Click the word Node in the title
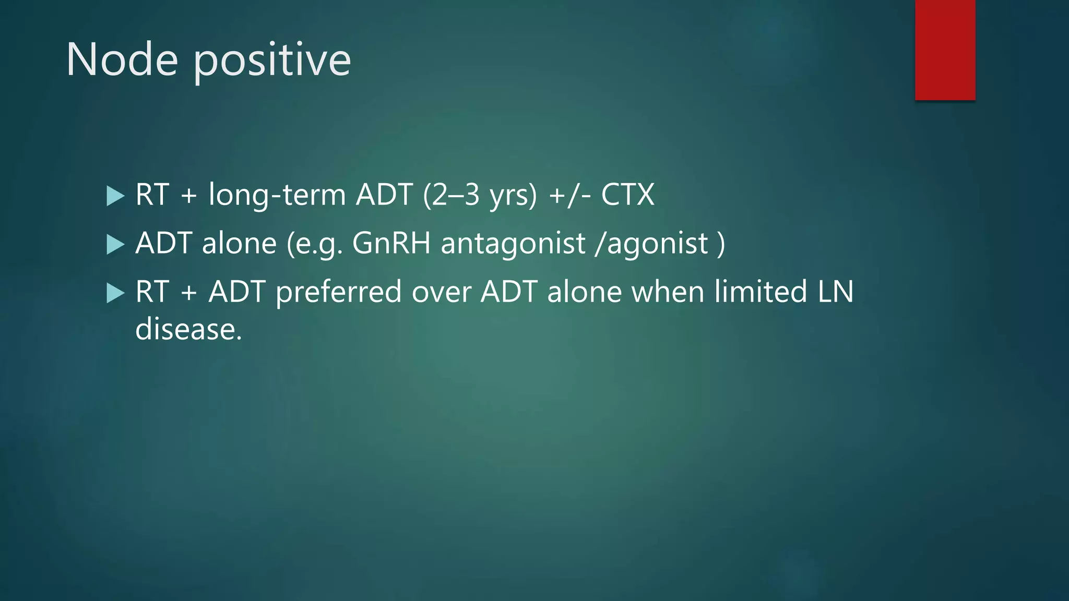[x=122, y=59]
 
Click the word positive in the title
[x=272, y=61]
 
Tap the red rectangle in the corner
[x=945, y=50]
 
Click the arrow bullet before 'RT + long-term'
[x=115, y=196]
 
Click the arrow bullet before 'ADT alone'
[x=115, y=244]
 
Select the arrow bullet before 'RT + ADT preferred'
[x=115, y=293]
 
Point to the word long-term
[x=277, y=195]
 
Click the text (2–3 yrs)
[x=480, y=195]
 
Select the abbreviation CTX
[x=627, y=195]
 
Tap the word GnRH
[x=391, y=244]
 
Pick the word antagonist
[x=513, y=244]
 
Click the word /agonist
[x=652, y=244]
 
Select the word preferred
[x=338, y=292]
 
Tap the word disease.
[x=188, y=330]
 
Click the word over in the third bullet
[x=441, y=292]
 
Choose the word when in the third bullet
[x=668, y=292]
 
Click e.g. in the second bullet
[x=318, y=244]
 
